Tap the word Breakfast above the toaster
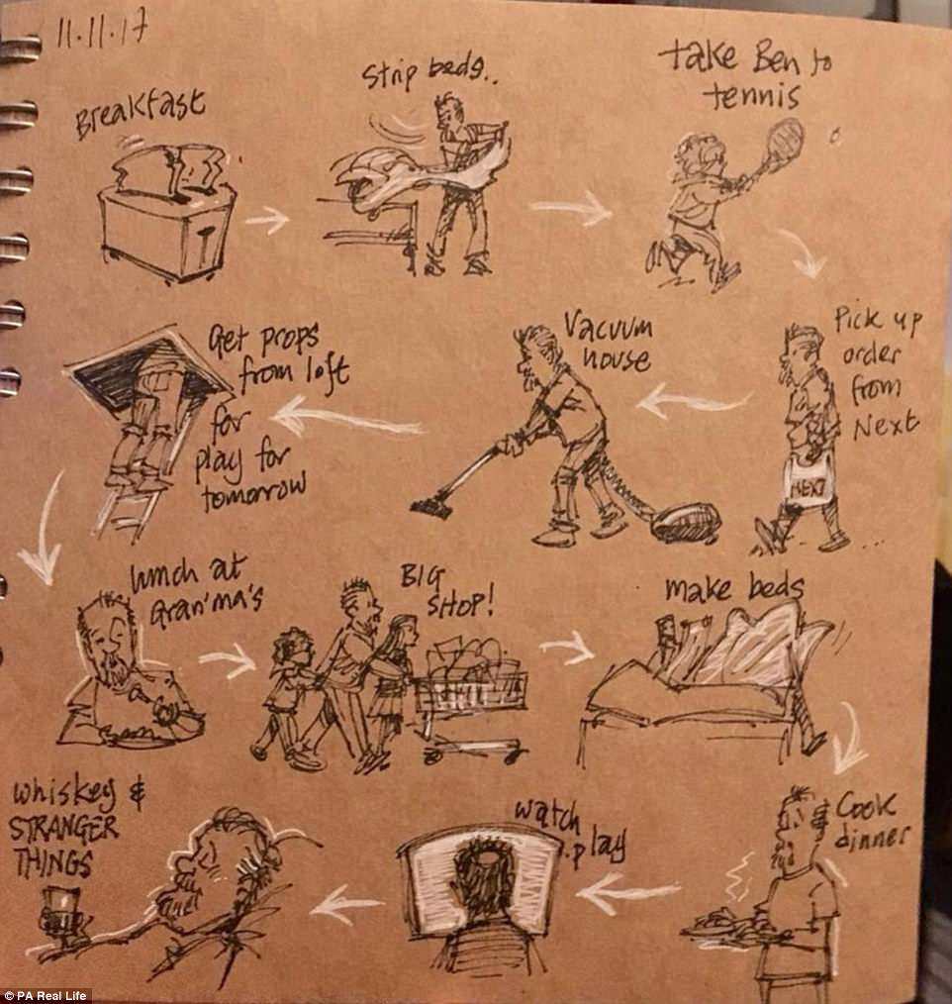coord(141,114)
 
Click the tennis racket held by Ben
coord(779,145)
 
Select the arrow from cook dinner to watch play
coord(627,890)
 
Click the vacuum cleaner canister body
coord(686,522)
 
